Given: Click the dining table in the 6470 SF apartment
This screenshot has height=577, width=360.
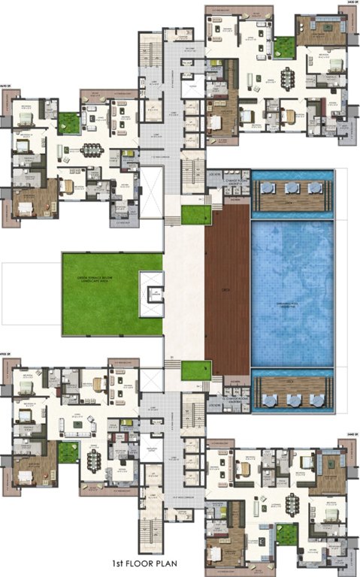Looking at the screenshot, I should click(x=92, y=148).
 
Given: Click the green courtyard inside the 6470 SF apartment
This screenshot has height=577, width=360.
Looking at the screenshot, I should click(x=68, y=122).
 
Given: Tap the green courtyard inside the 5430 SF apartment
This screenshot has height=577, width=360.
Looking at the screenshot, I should click(x=283, y=47).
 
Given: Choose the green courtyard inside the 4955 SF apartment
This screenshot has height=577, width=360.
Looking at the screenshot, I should click(x=68, y=452).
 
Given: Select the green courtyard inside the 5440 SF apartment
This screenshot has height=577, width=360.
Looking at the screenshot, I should click(x=286, y=534).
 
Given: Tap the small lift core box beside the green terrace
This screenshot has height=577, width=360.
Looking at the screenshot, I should click(x=155, y=290).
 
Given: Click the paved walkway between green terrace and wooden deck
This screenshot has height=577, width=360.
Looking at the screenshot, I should click(x=184, y=293).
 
